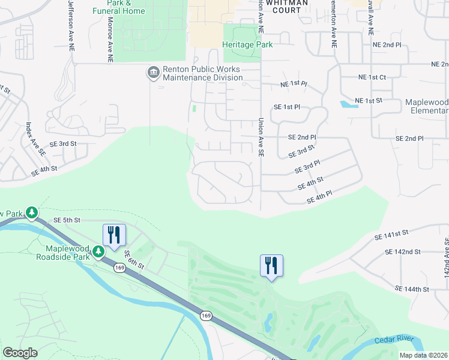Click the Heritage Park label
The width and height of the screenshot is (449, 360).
click(247, 45)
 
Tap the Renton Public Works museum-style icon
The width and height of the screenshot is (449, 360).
click(152, 73)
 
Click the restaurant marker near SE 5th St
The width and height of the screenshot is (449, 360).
click(114, 235)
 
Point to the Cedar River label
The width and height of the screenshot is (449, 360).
click(394, 340)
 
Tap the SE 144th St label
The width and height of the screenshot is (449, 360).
click(412, 289)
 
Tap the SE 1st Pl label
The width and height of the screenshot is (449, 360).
click(286, 106)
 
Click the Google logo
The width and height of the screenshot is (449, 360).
click(20, 352)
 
